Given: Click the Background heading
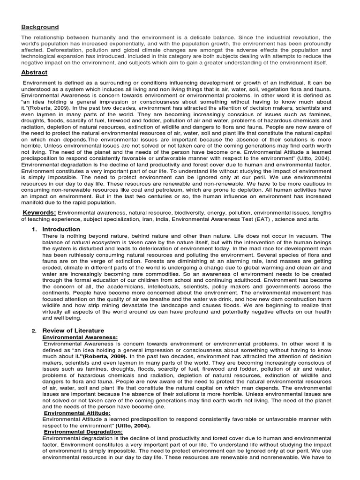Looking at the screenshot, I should [40, 27].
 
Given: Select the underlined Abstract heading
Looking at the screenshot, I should [34, 73].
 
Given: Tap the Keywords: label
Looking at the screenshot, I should [39, 213].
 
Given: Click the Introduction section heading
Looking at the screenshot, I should [61, 229].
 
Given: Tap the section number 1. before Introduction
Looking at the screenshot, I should [35, 229].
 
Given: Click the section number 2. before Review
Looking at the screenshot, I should [34, 330].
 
